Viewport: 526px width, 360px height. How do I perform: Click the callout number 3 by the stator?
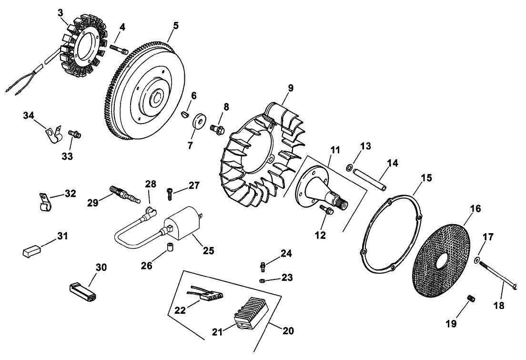[x=60, y=12]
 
